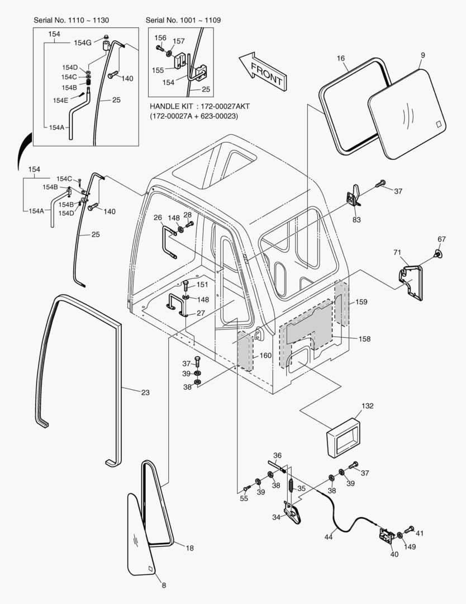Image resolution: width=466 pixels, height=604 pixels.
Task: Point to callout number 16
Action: pyautogui.click(x=341, y=59)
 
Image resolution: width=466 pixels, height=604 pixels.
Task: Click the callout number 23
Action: pyautogui.click(x=145, y=393)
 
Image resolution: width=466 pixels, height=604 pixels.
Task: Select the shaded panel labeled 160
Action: pyautogui.click(x=245, y=351)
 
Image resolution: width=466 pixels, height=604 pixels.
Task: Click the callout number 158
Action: pyautogui.click(x=364, y=339)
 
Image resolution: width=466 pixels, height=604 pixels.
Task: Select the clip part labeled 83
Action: pyautogui.click(x=353, y=196)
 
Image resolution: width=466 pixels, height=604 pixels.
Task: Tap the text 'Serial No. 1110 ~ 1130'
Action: pyautogui.click(x=71, y=21)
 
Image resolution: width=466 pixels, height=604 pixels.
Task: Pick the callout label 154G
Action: pyautogui.click(x=83, y=43)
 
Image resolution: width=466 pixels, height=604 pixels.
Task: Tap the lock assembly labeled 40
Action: pyautogui.click(x=386, y=537)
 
